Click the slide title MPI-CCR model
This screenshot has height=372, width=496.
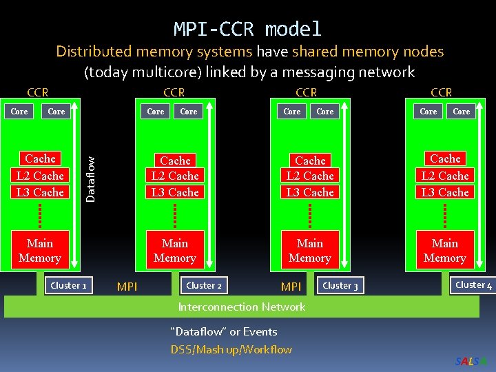(x=247, y=29)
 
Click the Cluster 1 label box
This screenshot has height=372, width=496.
(x=69, y=285)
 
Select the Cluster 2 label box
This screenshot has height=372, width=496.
(x=204, y=285)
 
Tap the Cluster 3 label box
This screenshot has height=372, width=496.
(x=340, y=285)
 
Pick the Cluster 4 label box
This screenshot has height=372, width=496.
(x=473, y=285)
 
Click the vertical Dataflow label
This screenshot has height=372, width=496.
(x=90, y=177)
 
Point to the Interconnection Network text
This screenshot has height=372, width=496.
(x=241, y=307)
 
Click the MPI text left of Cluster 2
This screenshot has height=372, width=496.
(x=127, y=286)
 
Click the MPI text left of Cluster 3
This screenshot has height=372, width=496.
(x=291, y=286)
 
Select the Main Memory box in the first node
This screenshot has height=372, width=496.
(x=40, y=251)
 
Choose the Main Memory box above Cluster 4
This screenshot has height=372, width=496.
(x=445, y=251)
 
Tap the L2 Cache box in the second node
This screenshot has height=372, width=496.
(x=175, y=176)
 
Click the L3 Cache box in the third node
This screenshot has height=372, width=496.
(x=310, y=192)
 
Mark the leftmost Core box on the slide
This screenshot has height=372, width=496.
(x=19, y=111)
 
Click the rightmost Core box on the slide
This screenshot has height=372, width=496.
(x=462, y=111)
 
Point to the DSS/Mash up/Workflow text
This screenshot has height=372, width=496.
(x=231, y=349)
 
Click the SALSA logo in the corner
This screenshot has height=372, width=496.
(x=471, y=362)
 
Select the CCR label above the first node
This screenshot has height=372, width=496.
(x=37, y=92)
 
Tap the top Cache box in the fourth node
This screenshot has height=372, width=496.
(x=445, y=158)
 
